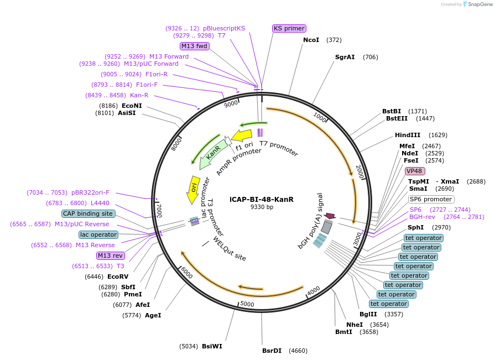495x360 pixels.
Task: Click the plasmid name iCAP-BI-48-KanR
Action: click(262, 199)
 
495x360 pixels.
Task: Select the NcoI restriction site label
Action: click(311, 40)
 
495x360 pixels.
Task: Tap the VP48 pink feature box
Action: click(414, 171)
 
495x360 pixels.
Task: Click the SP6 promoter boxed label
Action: click(431, 199)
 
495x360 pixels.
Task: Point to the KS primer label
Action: click(289, 28)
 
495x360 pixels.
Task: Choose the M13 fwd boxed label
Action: click(194, 46)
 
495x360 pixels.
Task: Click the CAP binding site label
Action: click(88, 213)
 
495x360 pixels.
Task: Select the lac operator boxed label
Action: click(98, 234)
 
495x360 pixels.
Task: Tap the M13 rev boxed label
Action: click(110, 255)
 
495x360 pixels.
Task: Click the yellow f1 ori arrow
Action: click(242, 135)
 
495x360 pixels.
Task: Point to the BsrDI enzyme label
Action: click(272, 351)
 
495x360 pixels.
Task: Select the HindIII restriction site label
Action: click(408, 135)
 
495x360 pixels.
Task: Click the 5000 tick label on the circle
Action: click(247, 304)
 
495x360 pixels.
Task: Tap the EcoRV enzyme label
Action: click(118, 276)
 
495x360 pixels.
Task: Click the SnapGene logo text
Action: click(479, 4)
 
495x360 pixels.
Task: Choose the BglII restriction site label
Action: click(368, 314)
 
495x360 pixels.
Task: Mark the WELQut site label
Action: click(230, 249)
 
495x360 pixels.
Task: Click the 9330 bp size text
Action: click(262, 207)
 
